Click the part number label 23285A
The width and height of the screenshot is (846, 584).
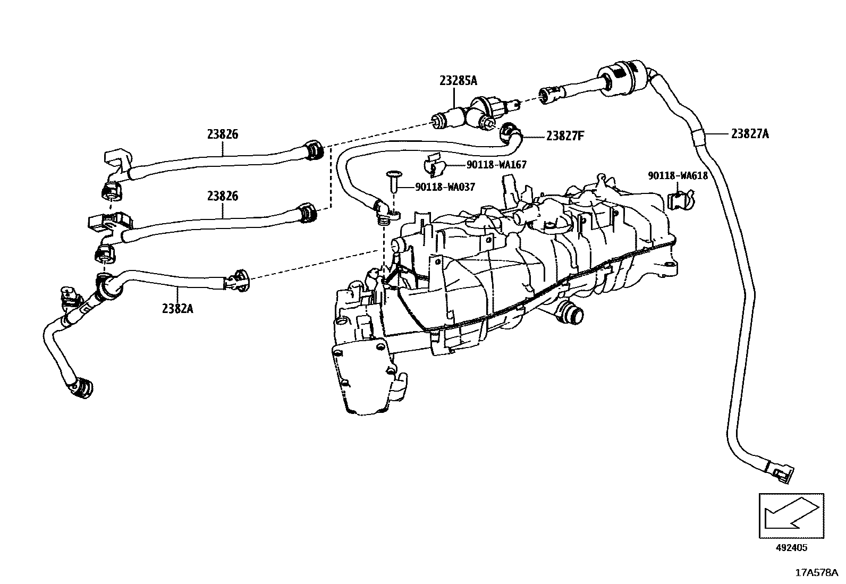point(458,81)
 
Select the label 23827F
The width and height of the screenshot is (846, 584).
point(565,136)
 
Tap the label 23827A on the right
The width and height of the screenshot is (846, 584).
point(749,134)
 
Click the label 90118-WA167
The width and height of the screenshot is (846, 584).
point(496,165)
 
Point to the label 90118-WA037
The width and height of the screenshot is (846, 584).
point(445,187)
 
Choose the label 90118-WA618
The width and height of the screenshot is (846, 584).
point(678,175)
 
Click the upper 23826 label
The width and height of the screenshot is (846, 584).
point(223,134)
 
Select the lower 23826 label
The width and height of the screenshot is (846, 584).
point(223,196)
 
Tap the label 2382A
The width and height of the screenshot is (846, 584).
point(177,307)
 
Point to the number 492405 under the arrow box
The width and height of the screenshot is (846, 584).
point(790,548)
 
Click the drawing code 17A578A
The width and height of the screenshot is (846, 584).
point(816,572)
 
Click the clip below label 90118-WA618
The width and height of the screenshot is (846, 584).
point(678,201)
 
